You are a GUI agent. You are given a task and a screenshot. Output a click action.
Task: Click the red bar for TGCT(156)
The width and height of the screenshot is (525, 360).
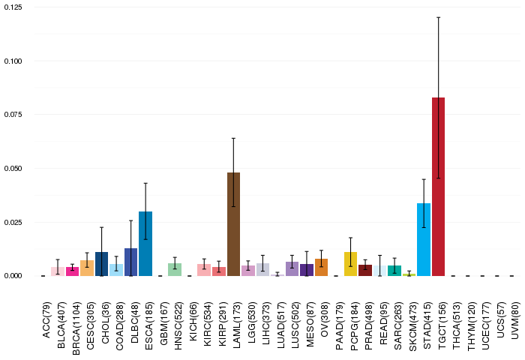coord(439,187)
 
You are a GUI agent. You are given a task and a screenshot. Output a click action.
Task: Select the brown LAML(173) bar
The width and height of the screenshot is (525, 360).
coord(233,224)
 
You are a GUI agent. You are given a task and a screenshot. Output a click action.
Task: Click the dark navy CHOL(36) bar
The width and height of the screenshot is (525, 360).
coord(102,264)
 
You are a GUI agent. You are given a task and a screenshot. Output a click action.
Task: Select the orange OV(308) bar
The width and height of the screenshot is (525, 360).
coord(321,267)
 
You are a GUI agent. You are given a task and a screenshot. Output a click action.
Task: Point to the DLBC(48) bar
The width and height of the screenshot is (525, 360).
coord(131,262)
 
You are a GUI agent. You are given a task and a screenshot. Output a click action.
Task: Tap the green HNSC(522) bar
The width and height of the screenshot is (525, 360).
coord(175,269)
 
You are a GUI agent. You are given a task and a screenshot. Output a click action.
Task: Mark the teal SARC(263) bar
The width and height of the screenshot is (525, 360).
coord(394,271)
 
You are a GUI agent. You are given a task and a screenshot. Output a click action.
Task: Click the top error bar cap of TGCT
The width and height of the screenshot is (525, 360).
coord(439,17)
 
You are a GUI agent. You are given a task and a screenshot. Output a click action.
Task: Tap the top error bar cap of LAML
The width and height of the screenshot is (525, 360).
coord(233,138)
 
